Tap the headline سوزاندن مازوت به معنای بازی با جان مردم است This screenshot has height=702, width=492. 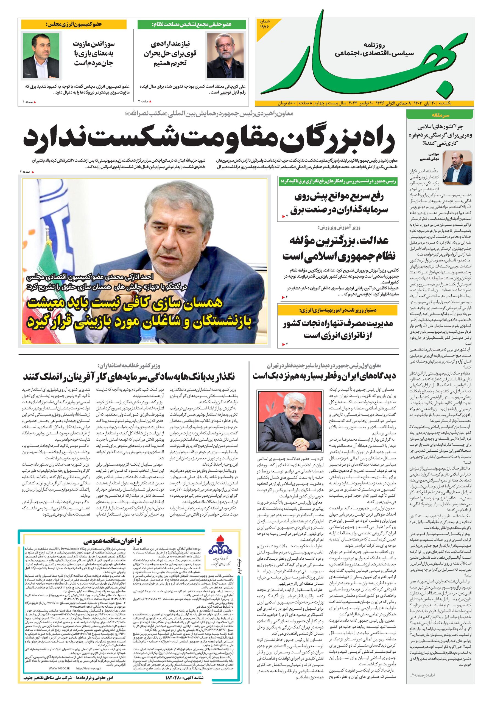click(93, 54)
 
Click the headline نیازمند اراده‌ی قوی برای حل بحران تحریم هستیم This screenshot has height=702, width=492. click(170, 54)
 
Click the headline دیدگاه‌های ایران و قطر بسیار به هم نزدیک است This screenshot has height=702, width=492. click(325, 376)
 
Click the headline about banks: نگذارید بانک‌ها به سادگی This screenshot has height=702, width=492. click(128, 376)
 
